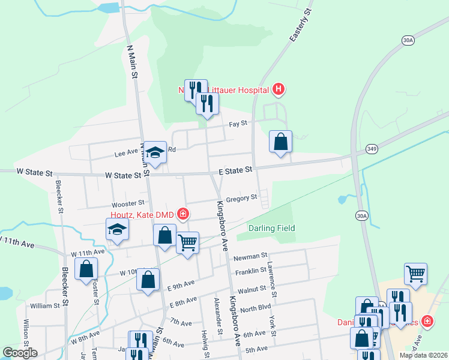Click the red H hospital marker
point(278,90)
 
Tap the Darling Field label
point(272,229)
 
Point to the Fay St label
point(238,124)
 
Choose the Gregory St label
point(243,197)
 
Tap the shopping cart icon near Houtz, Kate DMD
point(188,243)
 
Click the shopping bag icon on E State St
point(280,142)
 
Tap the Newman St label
point(246,257)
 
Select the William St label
point(45,305)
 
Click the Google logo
point(20,353)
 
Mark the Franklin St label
point(251,271)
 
